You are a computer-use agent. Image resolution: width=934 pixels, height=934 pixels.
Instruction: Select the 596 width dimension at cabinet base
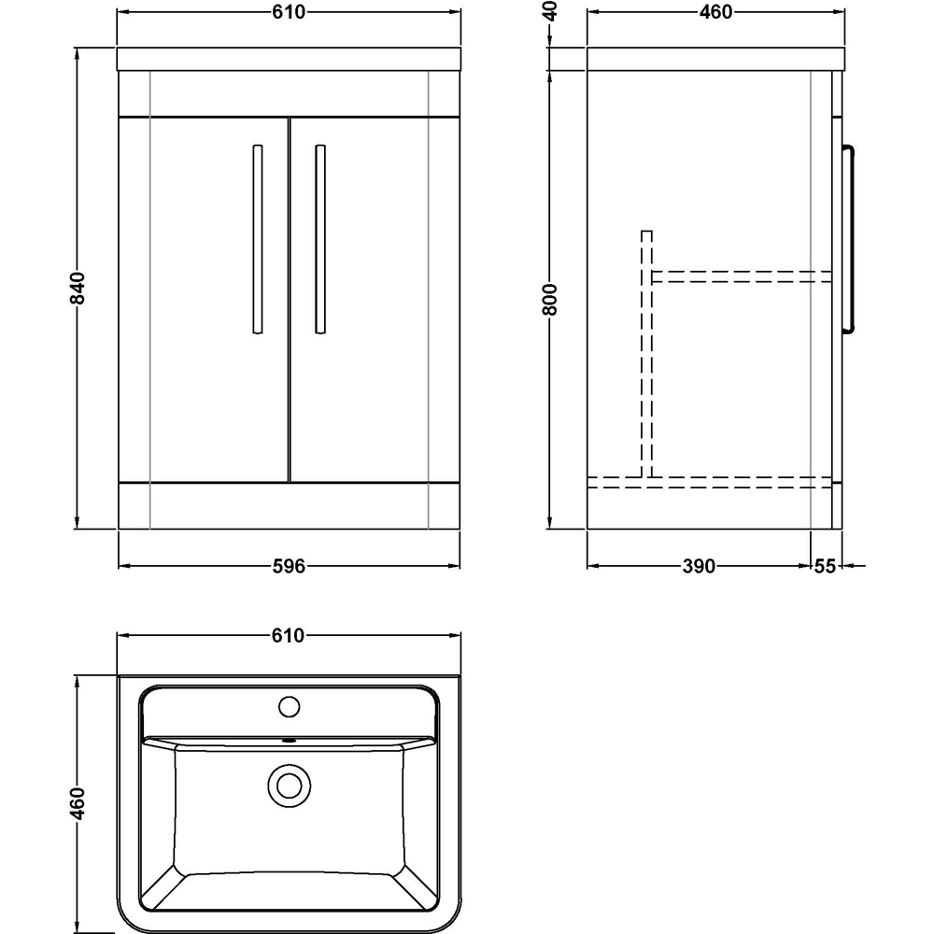tap(289, 566)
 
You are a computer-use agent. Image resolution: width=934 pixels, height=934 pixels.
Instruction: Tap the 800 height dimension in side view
tap(551, 299)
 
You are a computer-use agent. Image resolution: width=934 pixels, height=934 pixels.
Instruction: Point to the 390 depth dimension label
tap(699, 566)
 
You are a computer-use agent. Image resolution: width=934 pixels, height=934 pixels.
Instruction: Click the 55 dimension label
tap(826, 566)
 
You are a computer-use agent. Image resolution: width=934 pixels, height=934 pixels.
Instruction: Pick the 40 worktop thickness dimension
tap(551, 11)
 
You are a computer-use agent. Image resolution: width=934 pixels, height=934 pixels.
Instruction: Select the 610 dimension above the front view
tap(289, 12)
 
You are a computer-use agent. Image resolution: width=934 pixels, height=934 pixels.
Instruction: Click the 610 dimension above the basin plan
tap(289, 636)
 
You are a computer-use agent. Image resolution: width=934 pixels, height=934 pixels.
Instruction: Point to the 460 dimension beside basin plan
tap(79, 802)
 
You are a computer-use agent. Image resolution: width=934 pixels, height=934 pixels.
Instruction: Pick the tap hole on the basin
tap(289, 705)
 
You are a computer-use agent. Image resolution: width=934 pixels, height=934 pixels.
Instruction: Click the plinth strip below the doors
tap(289, 504)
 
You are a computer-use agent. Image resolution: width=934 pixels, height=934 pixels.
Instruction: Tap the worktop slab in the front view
tap(289, 58)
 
